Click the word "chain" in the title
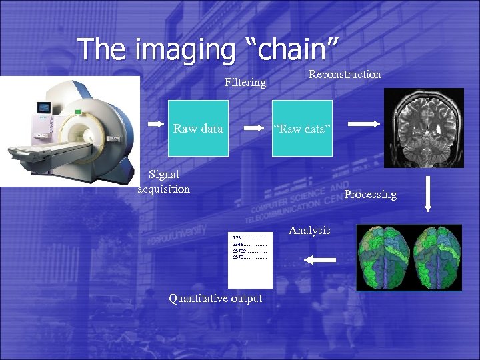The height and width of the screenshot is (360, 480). (293, 49)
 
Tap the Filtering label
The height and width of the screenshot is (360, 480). (245, 83)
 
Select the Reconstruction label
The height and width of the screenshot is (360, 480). (345, 74)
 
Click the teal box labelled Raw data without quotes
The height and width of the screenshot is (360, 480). (198, 128)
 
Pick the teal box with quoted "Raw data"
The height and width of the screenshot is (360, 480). (302, 128)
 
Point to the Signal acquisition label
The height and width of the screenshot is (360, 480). (163, 181)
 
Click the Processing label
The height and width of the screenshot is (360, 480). (370, 195)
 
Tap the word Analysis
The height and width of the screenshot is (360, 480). (309, 230)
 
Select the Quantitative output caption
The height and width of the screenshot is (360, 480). (215, 298)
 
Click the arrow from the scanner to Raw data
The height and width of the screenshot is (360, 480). (155, 124)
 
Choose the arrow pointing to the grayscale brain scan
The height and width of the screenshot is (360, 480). (364, 123)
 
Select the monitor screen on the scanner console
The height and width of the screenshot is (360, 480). (45, 107)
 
